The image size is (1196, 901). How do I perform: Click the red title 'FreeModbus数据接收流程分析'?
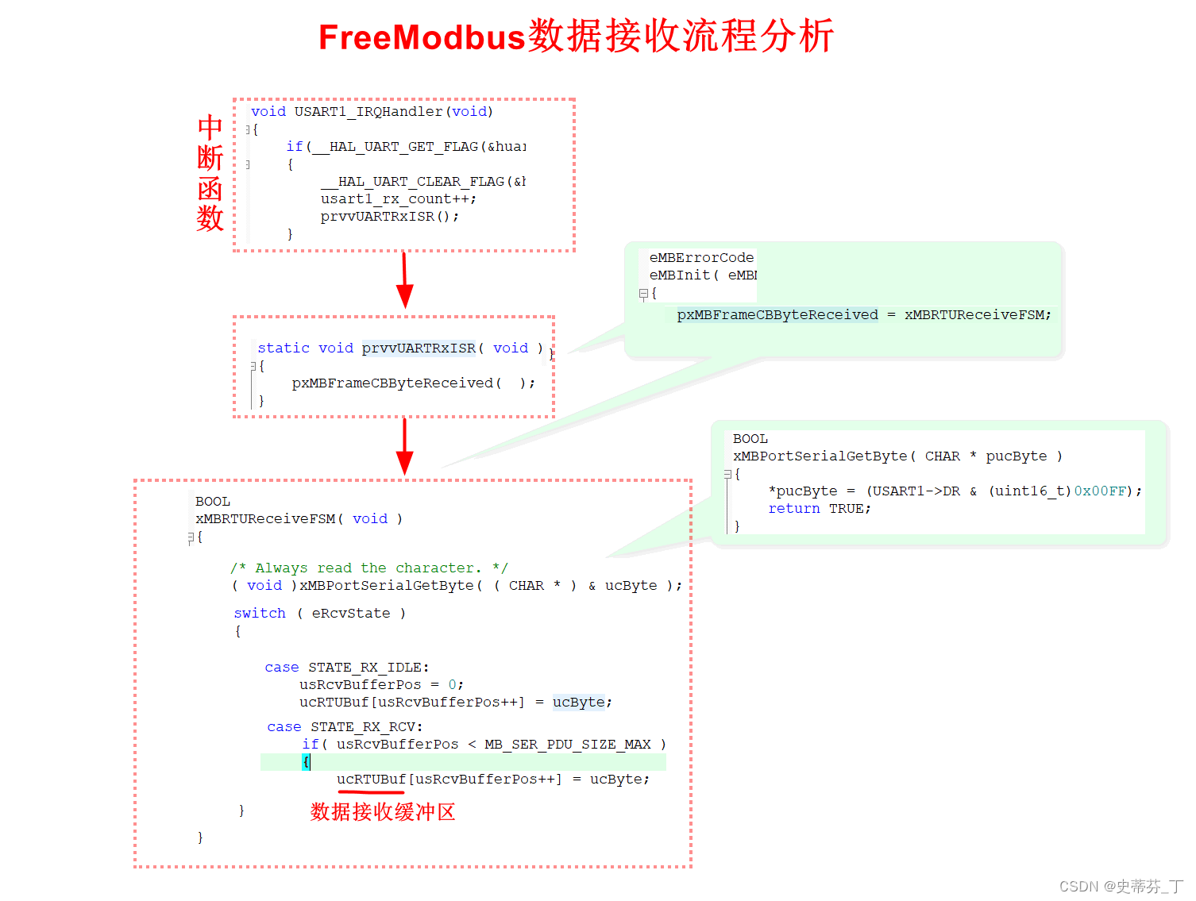tap(576, 37)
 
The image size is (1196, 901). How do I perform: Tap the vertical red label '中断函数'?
tap(210, 173)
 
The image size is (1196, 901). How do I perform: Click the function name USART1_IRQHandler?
tap(368, 112)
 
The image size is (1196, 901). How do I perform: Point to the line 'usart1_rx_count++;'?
tap(398, 198)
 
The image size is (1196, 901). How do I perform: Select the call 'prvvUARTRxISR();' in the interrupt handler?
tap(389, 216)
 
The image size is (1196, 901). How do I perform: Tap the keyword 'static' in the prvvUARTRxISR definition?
tap(284, 348)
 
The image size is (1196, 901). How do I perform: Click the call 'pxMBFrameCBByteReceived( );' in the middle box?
tap(413, 383)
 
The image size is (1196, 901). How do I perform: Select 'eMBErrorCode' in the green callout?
tap(701, 257)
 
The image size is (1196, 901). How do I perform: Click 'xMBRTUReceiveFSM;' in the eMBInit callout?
tap(977, 314)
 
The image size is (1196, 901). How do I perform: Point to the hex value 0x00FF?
tap(1099, 491)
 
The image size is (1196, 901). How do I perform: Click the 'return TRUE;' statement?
tap(819, 508)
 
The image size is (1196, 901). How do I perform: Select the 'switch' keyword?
tap(260, 613)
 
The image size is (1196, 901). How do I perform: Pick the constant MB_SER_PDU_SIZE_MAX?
tap(567, 744)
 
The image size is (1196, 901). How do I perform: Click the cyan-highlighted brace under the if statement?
tap(306, 762)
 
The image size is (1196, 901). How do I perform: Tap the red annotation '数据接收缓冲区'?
tap(383, 811)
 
